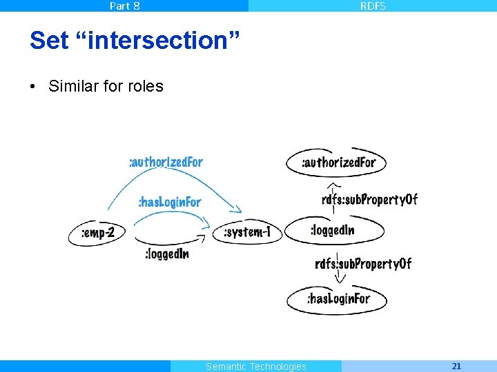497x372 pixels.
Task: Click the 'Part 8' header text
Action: [x=124, y=6]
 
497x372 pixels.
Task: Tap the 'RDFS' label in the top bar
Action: [x=373, y=6]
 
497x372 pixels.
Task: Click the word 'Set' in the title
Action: [x=50, y=41]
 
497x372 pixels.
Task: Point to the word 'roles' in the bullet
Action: [x=144, y=86]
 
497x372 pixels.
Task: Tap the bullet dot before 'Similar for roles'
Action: [x=32, y=87]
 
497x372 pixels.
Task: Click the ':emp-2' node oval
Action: [x=97, y=233]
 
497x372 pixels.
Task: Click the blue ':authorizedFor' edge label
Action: [x=166, y=162]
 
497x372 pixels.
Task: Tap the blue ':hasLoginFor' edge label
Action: [x=169, y=202]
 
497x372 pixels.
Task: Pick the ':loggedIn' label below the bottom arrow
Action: [x=166, y=254]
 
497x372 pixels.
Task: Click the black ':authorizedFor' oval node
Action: [x=337, y=163]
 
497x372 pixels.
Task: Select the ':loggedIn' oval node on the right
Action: [x=334, y=230]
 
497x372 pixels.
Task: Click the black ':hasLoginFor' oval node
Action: [x=338, y=298]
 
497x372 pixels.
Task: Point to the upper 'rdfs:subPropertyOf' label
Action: [x=369, y=199]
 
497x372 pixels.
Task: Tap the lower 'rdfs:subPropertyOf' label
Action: [x=363, y=263]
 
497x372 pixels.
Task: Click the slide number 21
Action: [x=456, y=366]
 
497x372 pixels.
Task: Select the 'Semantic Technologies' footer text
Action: [x=255, y=366]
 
